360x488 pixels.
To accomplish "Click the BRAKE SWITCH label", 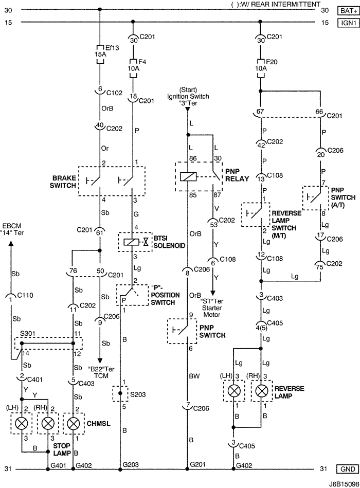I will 63,180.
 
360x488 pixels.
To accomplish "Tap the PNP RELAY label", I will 237,176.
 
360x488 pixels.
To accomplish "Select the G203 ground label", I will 131,464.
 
